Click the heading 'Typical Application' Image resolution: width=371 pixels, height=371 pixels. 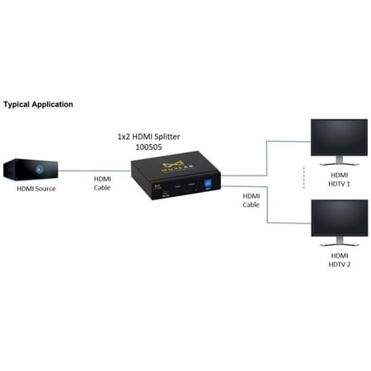pyautogui.click(x=38, y=105)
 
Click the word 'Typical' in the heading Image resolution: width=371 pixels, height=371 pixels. pyautogui.click(x=17, y=105)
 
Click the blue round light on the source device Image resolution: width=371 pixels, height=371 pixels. pyautogui.click(x=39, y=169)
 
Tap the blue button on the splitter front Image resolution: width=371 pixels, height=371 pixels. pyautogui.click(x=207, y=185)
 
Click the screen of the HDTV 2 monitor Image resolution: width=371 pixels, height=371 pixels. pyautogui.click(x=338, y=218)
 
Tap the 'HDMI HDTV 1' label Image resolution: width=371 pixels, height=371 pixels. pyautogui.click(x=339, y=181)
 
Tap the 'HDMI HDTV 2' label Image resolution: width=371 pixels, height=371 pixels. pyautogui.click(x=339, y=261)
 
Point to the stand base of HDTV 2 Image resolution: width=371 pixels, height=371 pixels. pyautogui.click(x=338, y=244)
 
